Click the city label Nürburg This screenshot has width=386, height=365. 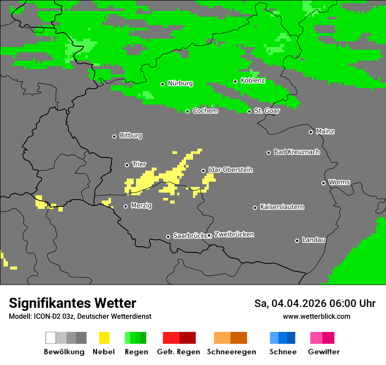(180, 84)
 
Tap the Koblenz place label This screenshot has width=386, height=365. (253, 81)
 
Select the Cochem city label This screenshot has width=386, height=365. (205, 111)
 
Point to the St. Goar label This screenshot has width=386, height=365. (267, 111)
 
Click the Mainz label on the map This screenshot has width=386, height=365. (325, 131)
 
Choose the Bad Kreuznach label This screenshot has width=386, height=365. (297, 152)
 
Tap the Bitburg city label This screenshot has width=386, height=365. (131, 136)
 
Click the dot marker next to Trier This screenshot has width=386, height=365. (127, 165)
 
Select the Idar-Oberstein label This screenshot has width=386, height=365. (230, 170)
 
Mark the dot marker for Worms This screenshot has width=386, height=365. (324, 183)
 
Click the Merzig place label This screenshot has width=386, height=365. (141, 206)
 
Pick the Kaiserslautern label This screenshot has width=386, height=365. (282, 207)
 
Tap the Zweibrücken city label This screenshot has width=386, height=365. (234, 235)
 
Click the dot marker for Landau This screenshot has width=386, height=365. (297, 241)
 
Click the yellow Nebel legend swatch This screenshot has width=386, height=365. (104, 338)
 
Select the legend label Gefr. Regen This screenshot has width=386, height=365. (179, 352)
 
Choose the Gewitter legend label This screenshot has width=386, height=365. (323, 352)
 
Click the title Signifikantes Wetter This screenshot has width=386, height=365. (72, 303)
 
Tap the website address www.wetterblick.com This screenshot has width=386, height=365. (316, 316)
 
